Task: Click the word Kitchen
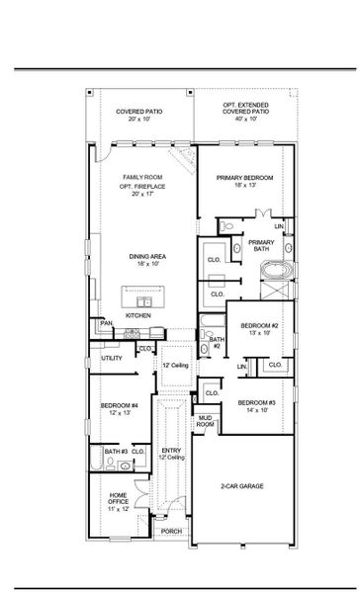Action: tap(138, 316)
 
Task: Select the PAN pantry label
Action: tap(105, 324)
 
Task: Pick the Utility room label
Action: tap(111, 358)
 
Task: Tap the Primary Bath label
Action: tap(261, 246)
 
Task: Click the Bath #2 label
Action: tap(216, 343)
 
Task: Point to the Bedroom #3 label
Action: tap(256, 405)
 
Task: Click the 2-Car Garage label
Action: tap(240, 487)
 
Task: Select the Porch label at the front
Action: tap(171, 531)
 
